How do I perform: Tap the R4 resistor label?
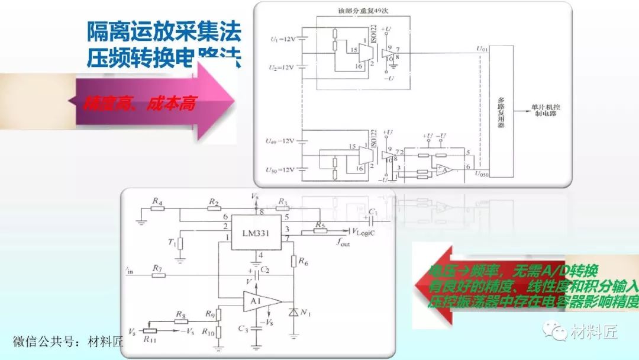(x=157, y=202)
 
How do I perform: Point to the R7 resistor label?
(x=157, y=269)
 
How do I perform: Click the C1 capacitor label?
(x=372, y=211)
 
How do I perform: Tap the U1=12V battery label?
(x=282, y=40)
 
